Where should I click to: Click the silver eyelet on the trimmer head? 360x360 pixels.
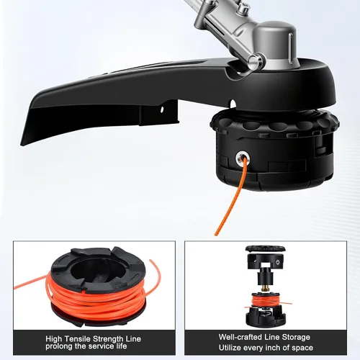(x=243, y=158)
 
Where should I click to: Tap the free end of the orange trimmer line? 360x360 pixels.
(x=216, y=234)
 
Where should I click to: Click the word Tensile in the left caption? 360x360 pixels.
(x=77, y=339)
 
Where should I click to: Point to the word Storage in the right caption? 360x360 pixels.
(x=296, y=337)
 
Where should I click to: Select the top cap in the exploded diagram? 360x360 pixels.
(x=265, y=249)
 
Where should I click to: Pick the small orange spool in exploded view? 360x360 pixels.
(x=265, y=300)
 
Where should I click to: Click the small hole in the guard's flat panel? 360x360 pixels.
(x=162, y=109)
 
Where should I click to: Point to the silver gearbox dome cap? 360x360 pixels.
(x=276, y=43)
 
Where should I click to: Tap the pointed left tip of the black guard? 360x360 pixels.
(x=22, y=145)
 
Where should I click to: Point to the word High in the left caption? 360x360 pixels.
(x=53, y=339)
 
